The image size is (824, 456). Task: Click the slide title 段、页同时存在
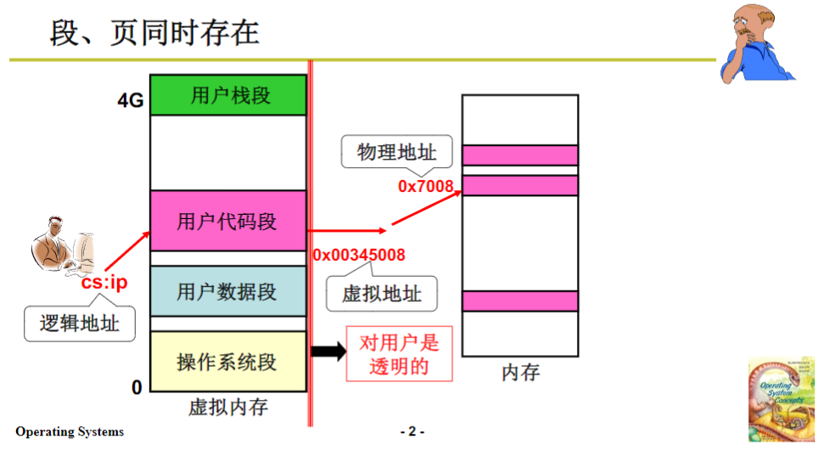154,34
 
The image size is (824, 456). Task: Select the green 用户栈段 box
228,95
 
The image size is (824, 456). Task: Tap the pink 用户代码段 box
228,222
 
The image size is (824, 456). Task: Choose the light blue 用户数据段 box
228,292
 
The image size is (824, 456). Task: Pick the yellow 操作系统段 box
228,362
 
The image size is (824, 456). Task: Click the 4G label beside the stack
131,101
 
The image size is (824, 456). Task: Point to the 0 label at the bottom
137,388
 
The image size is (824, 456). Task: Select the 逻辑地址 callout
80,324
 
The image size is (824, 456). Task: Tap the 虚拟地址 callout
382,294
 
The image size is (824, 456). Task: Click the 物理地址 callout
396,153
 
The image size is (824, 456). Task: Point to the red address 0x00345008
359,255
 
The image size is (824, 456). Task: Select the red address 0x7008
425,185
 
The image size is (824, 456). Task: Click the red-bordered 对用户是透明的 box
399,355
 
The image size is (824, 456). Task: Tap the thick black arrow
329,351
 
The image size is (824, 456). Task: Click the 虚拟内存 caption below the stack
228,408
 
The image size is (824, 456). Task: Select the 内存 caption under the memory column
520,372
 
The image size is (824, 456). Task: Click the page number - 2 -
412,431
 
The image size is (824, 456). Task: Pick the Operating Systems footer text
70,431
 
